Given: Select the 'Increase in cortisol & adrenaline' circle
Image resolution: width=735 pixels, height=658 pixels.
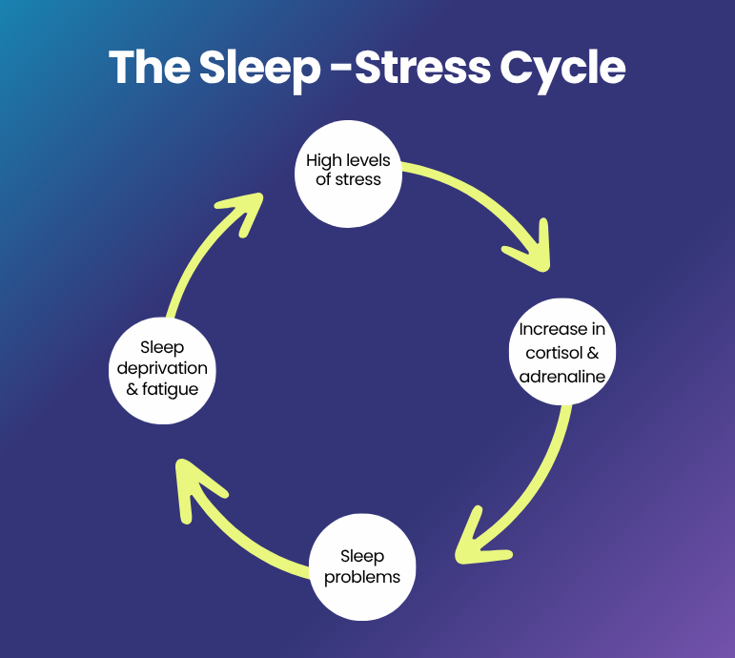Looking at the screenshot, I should (562, 352).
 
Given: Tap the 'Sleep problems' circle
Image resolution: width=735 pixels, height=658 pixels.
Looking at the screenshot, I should (362, 566).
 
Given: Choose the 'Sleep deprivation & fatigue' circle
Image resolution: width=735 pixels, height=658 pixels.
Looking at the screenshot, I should (161, 369).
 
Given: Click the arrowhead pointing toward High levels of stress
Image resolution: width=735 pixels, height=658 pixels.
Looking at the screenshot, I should (244, 210).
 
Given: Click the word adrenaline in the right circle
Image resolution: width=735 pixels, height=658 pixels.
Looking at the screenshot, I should (562, 376).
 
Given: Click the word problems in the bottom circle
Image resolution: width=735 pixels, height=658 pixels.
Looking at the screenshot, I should (362, 577).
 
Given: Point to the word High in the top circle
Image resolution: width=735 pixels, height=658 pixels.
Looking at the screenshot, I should (322, 159).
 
